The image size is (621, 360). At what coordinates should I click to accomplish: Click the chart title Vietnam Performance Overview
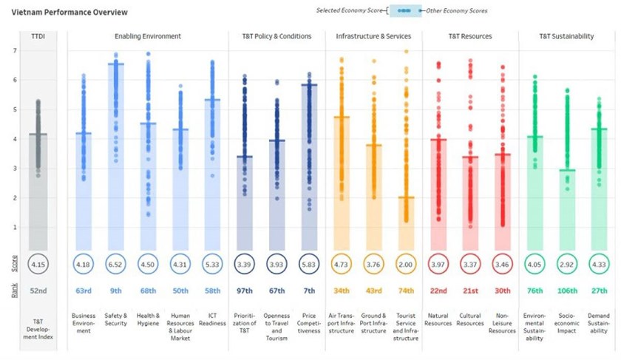(x=69, y=13)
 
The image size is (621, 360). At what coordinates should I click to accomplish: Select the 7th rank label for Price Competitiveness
(x=309, y=291)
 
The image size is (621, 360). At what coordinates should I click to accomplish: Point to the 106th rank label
(x=567, y=291)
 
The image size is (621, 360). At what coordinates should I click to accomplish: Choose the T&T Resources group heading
(x=470, y=36)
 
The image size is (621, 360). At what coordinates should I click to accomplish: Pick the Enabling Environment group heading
(x=148, y=36)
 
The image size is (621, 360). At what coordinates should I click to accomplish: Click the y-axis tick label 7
(x=15, y=51)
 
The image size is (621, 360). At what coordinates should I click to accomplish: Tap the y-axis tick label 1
(x=15, y=228)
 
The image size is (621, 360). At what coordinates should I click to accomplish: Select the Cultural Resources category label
(x=470, y=319)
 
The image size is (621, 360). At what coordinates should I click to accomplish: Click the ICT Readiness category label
(x=212, y=319)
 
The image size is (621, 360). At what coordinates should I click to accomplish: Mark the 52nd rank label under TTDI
(x=38, y=291)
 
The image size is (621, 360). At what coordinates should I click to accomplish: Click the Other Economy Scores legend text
(x=457, y=10)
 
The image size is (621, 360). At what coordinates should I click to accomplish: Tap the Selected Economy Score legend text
(x=350, y=10)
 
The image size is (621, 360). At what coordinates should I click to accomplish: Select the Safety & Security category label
(x=115, y=319)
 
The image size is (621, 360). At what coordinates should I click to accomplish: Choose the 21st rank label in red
(x=470, y=291)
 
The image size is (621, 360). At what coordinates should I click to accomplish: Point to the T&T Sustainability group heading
(x=566, y=36)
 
